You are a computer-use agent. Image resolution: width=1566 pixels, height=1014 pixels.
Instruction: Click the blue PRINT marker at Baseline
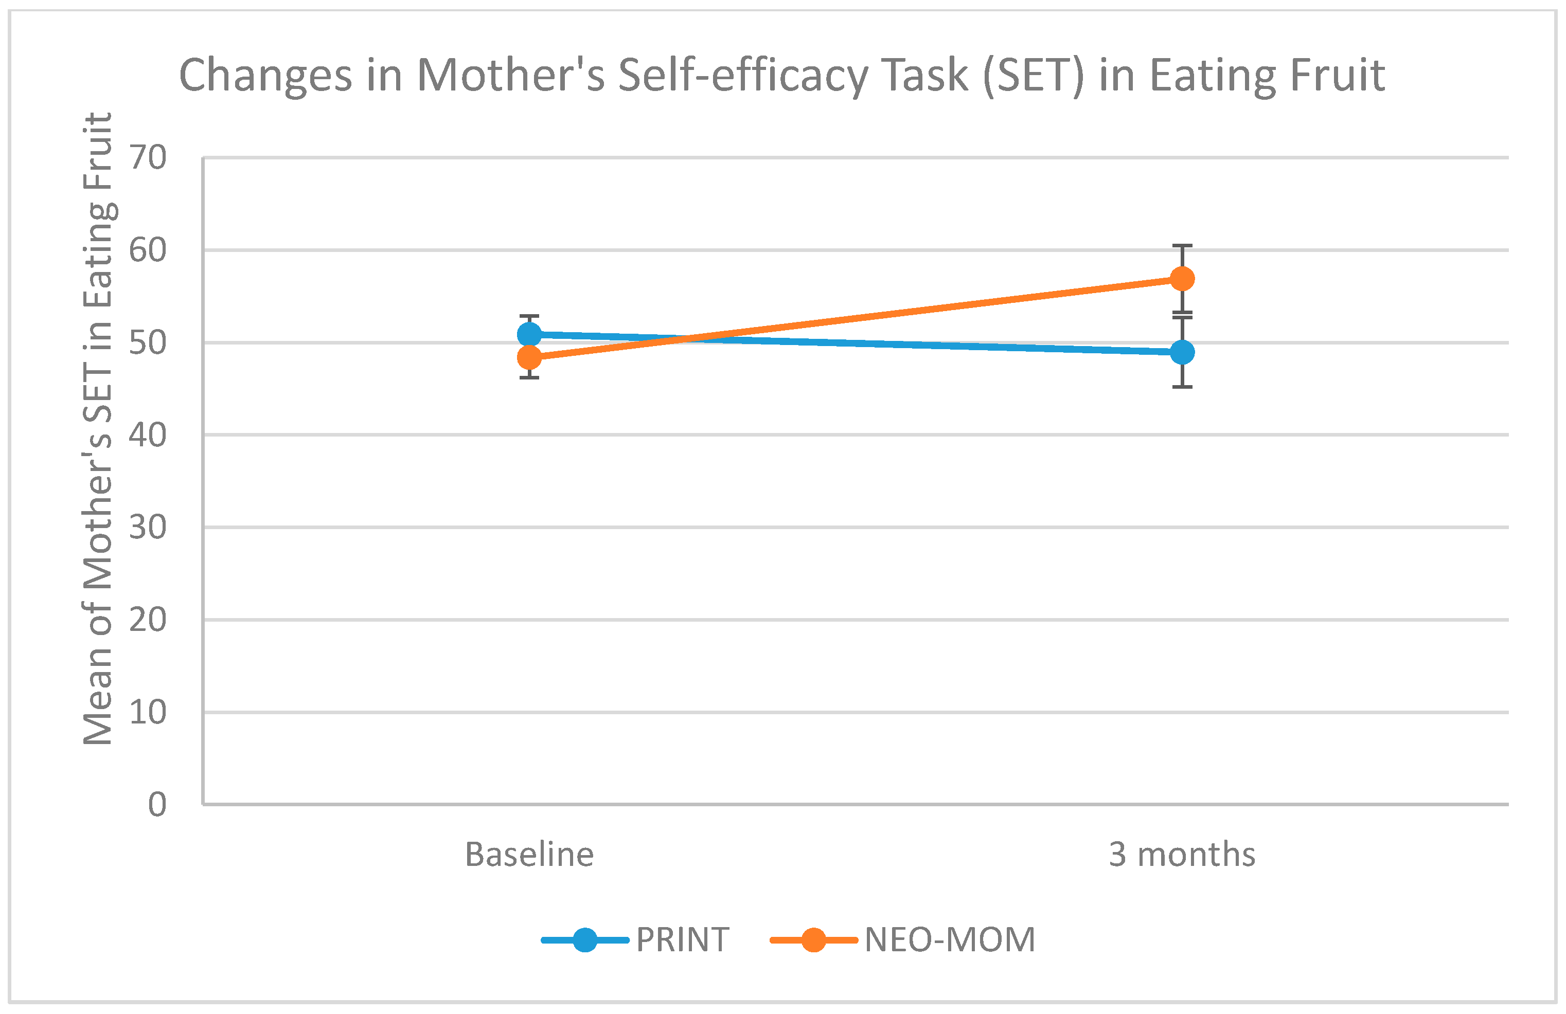529,335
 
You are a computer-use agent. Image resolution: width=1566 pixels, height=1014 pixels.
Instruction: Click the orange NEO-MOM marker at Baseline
529,358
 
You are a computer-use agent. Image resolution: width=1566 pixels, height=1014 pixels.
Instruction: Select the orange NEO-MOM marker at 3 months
1182,279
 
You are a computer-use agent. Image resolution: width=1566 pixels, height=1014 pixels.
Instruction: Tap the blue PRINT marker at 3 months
1182,352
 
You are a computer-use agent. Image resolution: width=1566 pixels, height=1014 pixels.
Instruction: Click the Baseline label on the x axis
529,854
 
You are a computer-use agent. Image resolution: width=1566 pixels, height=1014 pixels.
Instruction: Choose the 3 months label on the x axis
1182,854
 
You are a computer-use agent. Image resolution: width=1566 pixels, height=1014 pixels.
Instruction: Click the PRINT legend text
682,939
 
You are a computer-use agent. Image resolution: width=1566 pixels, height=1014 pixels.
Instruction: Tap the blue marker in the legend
585,939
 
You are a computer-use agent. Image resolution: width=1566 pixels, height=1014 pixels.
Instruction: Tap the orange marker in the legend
813,939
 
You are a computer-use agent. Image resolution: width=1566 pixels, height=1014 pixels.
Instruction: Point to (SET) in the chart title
1033,76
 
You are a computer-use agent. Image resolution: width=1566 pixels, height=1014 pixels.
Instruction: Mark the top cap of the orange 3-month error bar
1182,246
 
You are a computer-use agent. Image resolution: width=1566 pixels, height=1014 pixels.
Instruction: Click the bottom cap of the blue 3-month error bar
1182,387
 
